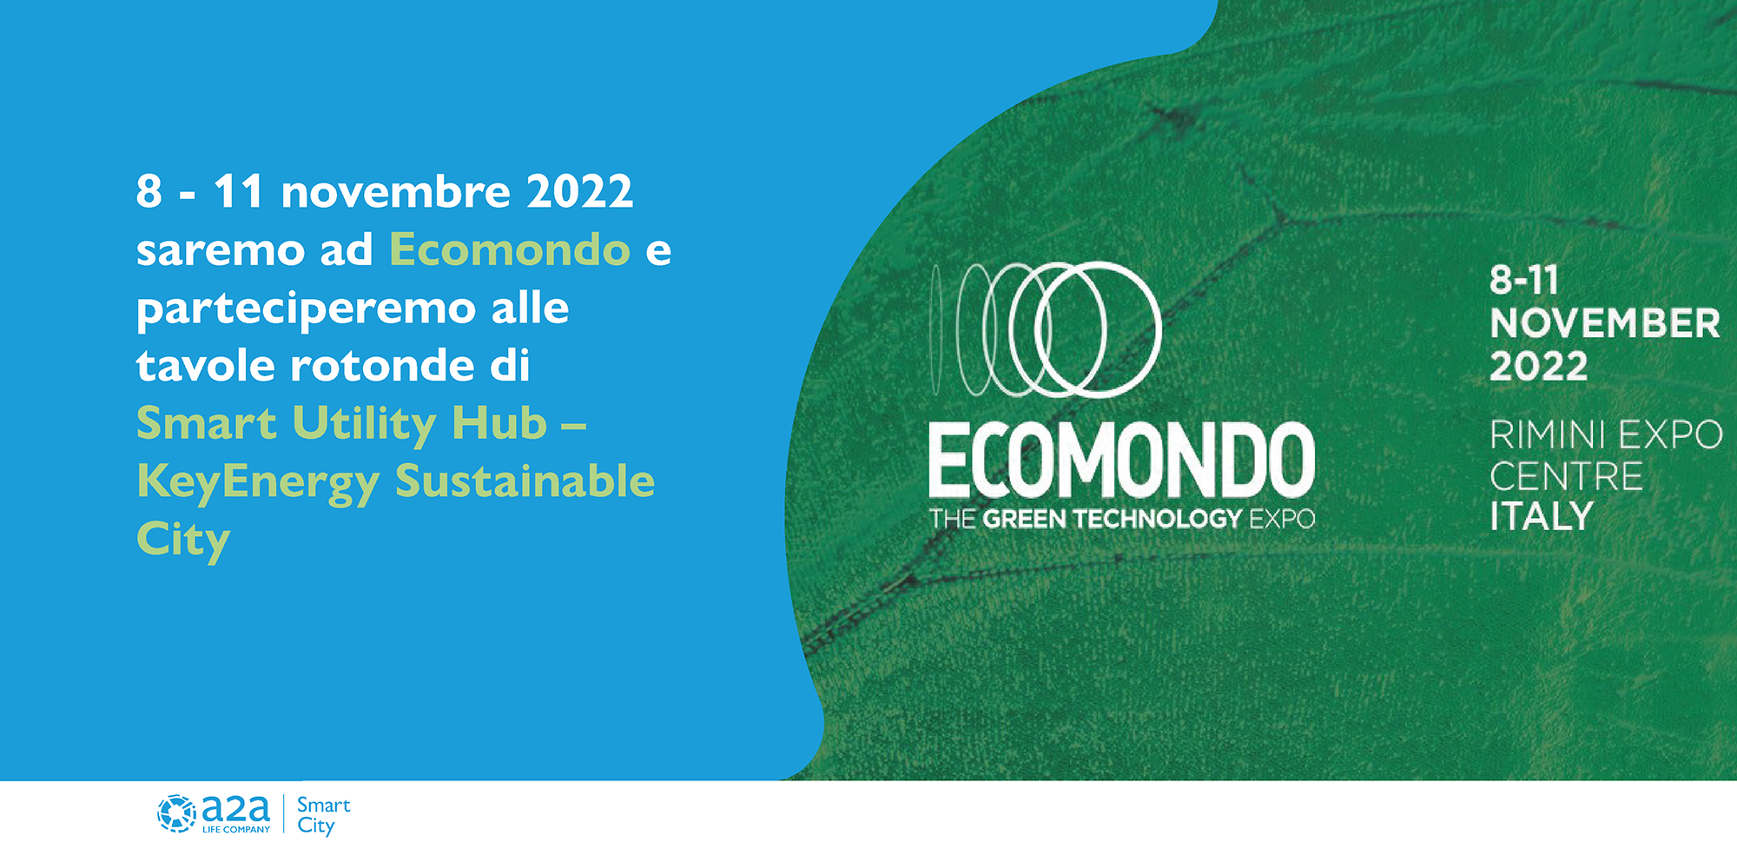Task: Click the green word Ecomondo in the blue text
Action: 510,250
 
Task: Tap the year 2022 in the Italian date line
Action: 580,192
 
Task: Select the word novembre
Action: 396,192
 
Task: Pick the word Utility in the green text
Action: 364,425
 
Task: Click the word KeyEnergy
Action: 258,483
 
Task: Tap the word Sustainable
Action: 525,481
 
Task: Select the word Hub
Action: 499,424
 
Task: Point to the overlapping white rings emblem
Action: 1047,329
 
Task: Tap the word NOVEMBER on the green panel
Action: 1605,324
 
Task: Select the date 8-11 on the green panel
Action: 1524,281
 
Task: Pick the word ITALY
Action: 1542,517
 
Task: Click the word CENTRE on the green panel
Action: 1566,476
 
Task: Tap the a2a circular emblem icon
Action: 176,813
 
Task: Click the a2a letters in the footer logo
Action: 235,809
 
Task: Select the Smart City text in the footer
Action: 323,815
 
